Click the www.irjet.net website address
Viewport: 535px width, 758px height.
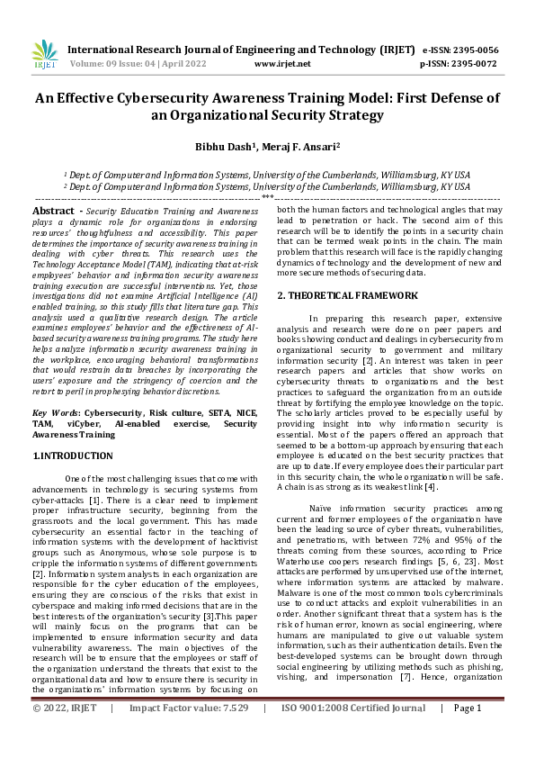pyautogui.click(x=282, y=64)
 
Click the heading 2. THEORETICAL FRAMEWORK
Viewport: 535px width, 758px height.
pyautogui.click(x=346, y=295)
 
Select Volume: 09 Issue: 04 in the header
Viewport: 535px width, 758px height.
pyautogui.click(x=108, y=64)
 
